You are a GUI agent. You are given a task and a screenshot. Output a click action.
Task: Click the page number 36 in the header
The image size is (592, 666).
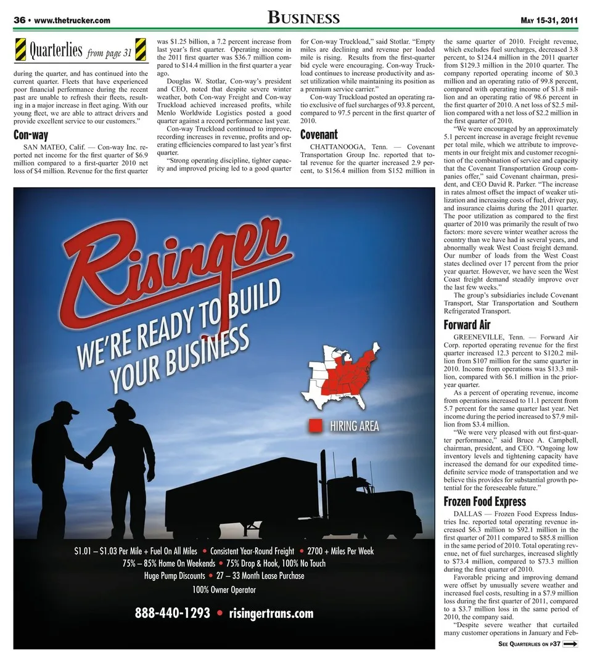click(x=20, y=20)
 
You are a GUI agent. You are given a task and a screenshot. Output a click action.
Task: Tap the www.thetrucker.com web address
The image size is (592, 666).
click(x=73, y=20)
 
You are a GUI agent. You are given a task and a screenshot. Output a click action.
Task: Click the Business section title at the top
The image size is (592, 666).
click(x=303, y=18)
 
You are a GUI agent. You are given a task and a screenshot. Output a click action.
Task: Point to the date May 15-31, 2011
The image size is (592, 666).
click(x=549, y=20)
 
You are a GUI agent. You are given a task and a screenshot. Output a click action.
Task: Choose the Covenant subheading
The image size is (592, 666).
click(x=319, y=134)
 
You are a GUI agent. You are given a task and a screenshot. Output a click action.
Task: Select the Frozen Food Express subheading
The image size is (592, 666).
click(x=485, y=502)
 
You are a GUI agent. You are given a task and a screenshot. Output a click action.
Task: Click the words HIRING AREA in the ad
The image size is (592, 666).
click(x=355, y=426)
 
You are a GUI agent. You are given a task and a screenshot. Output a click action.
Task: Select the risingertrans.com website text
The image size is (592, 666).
click(x=271, y=613)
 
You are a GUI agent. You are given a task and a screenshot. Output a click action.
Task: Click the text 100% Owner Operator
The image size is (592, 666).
click(x=224, y=590)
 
